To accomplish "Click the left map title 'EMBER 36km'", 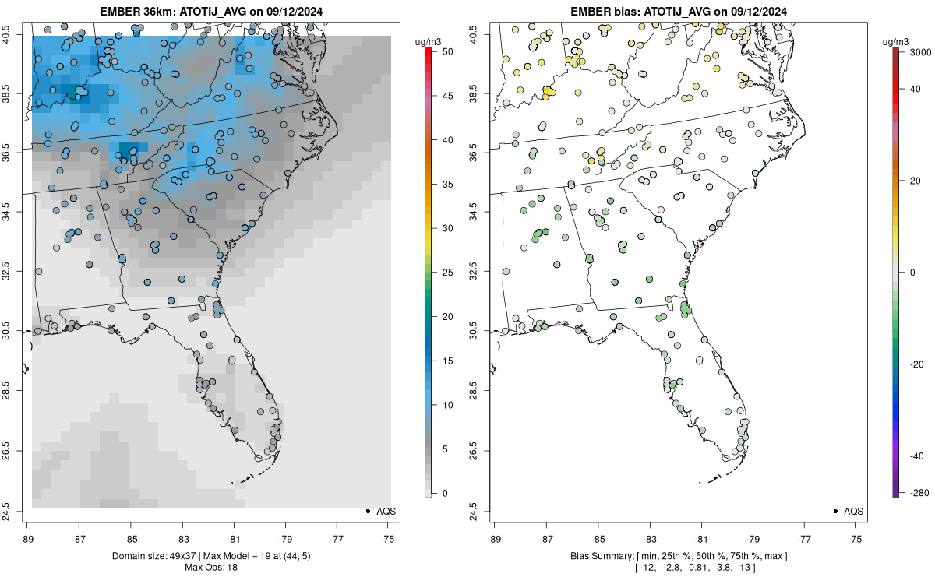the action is [x=137, y=11].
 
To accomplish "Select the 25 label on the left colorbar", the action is [x=448, y=273].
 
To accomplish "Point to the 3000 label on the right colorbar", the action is [x=921, y=51].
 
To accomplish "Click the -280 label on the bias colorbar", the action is [x=920, y=493].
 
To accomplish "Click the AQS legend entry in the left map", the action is [x=381, y=512].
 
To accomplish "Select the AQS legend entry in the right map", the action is [x=849, y=512].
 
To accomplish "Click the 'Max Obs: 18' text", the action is [x=211, y=568].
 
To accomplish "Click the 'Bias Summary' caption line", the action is [x=679, y=556].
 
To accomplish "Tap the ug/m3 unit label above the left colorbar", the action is [x=428, y=42].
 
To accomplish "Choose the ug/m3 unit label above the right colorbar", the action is [x=895, y=42].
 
